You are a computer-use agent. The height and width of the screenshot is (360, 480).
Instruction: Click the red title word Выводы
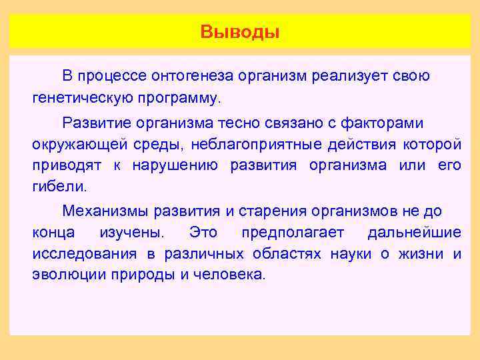point(240,32)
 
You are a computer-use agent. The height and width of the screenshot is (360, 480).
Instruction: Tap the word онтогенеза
point(179,76)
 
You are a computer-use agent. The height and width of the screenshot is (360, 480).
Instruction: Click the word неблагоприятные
point(256,143)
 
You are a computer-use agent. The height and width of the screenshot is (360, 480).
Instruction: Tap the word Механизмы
point(105,211)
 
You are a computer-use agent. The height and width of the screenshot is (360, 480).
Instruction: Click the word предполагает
point(292,232)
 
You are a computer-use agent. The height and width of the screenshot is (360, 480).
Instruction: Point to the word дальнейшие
point(413,232)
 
